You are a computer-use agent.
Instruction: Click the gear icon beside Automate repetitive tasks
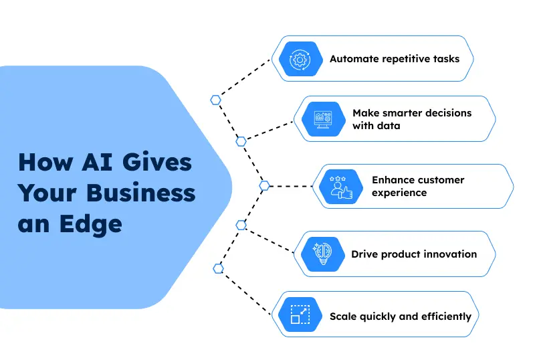pyautogui.click(x=300, y=59)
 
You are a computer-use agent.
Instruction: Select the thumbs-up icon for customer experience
pyautogui.click(x=341, y=186)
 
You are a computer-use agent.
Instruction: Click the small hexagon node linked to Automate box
pyautogui.click(x=215, y=100)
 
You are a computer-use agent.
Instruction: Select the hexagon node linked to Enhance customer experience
pyautogui.click(x=264, y=185)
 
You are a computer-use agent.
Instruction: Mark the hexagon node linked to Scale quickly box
pyautogui.click(x=218, y=268)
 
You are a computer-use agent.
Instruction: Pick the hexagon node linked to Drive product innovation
pyautogui.click(x=241, y=225)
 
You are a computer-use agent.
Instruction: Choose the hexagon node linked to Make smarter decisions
pyautogui.click(x=241, y=141)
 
